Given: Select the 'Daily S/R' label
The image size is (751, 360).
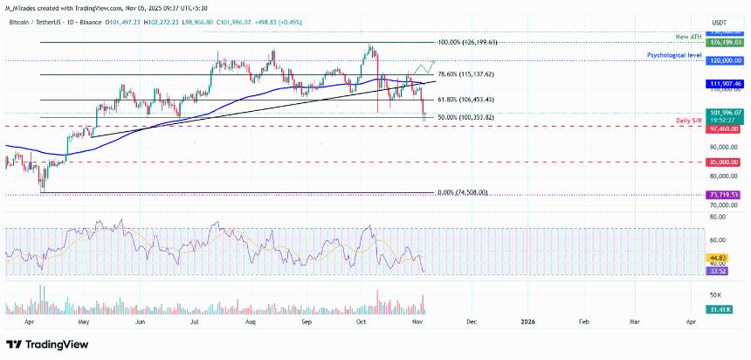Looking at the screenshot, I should pyautogui.click(x=689, y=119).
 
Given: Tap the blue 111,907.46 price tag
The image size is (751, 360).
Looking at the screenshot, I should pyautogui.click(x=725, y=83).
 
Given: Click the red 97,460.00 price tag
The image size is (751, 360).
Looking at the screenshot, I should pyautogui.click(x=725, y=128).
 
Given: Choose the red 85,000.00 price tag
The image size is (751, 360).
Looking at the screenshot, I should pyautogui.click(x=725, y=162).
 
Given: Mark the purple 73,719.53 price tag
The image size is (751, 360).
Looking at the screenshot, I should pyautogui.click(x=725, y=194).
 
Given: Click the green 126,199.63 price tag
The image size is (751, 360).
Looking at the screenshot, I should pyautogui.click(x=725, y=41).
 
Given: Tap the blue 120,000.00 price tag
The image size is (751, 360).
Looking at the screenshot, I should pyautogui.click(x=725, y=60).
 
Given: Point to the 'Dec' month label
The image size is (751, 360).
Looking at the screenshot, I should pyautogui.click(x=472, y=321).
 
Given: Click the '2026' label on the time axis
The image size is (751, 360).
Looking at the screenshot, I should pyautogui.click(x=527, y=321).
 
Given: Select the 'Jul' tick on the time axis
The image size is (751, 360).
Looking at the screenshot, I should pyautogui.click(x=195, y=321).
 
